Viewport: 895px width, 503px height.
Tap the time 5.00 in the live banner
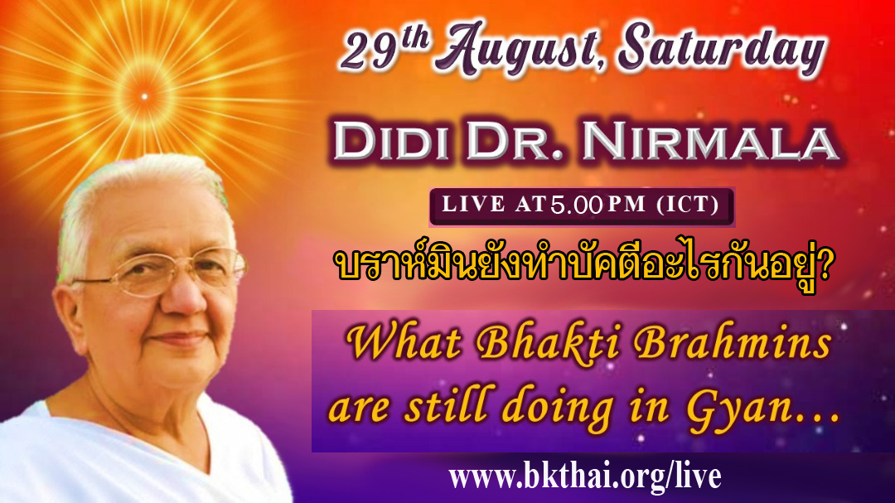[x=576, y=205]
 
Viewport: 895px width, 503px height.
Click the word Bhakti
[x=548, y=343]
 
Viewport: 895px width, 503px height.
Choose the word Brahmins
[x=732, y=343]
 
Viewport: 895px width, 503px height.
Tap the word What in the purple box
[x=403, y=343]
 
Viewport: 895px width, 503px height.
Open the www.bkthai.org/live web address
[x=584, y=477]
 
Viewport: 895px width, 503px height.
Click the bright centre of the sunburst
[x=144, y=96]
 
